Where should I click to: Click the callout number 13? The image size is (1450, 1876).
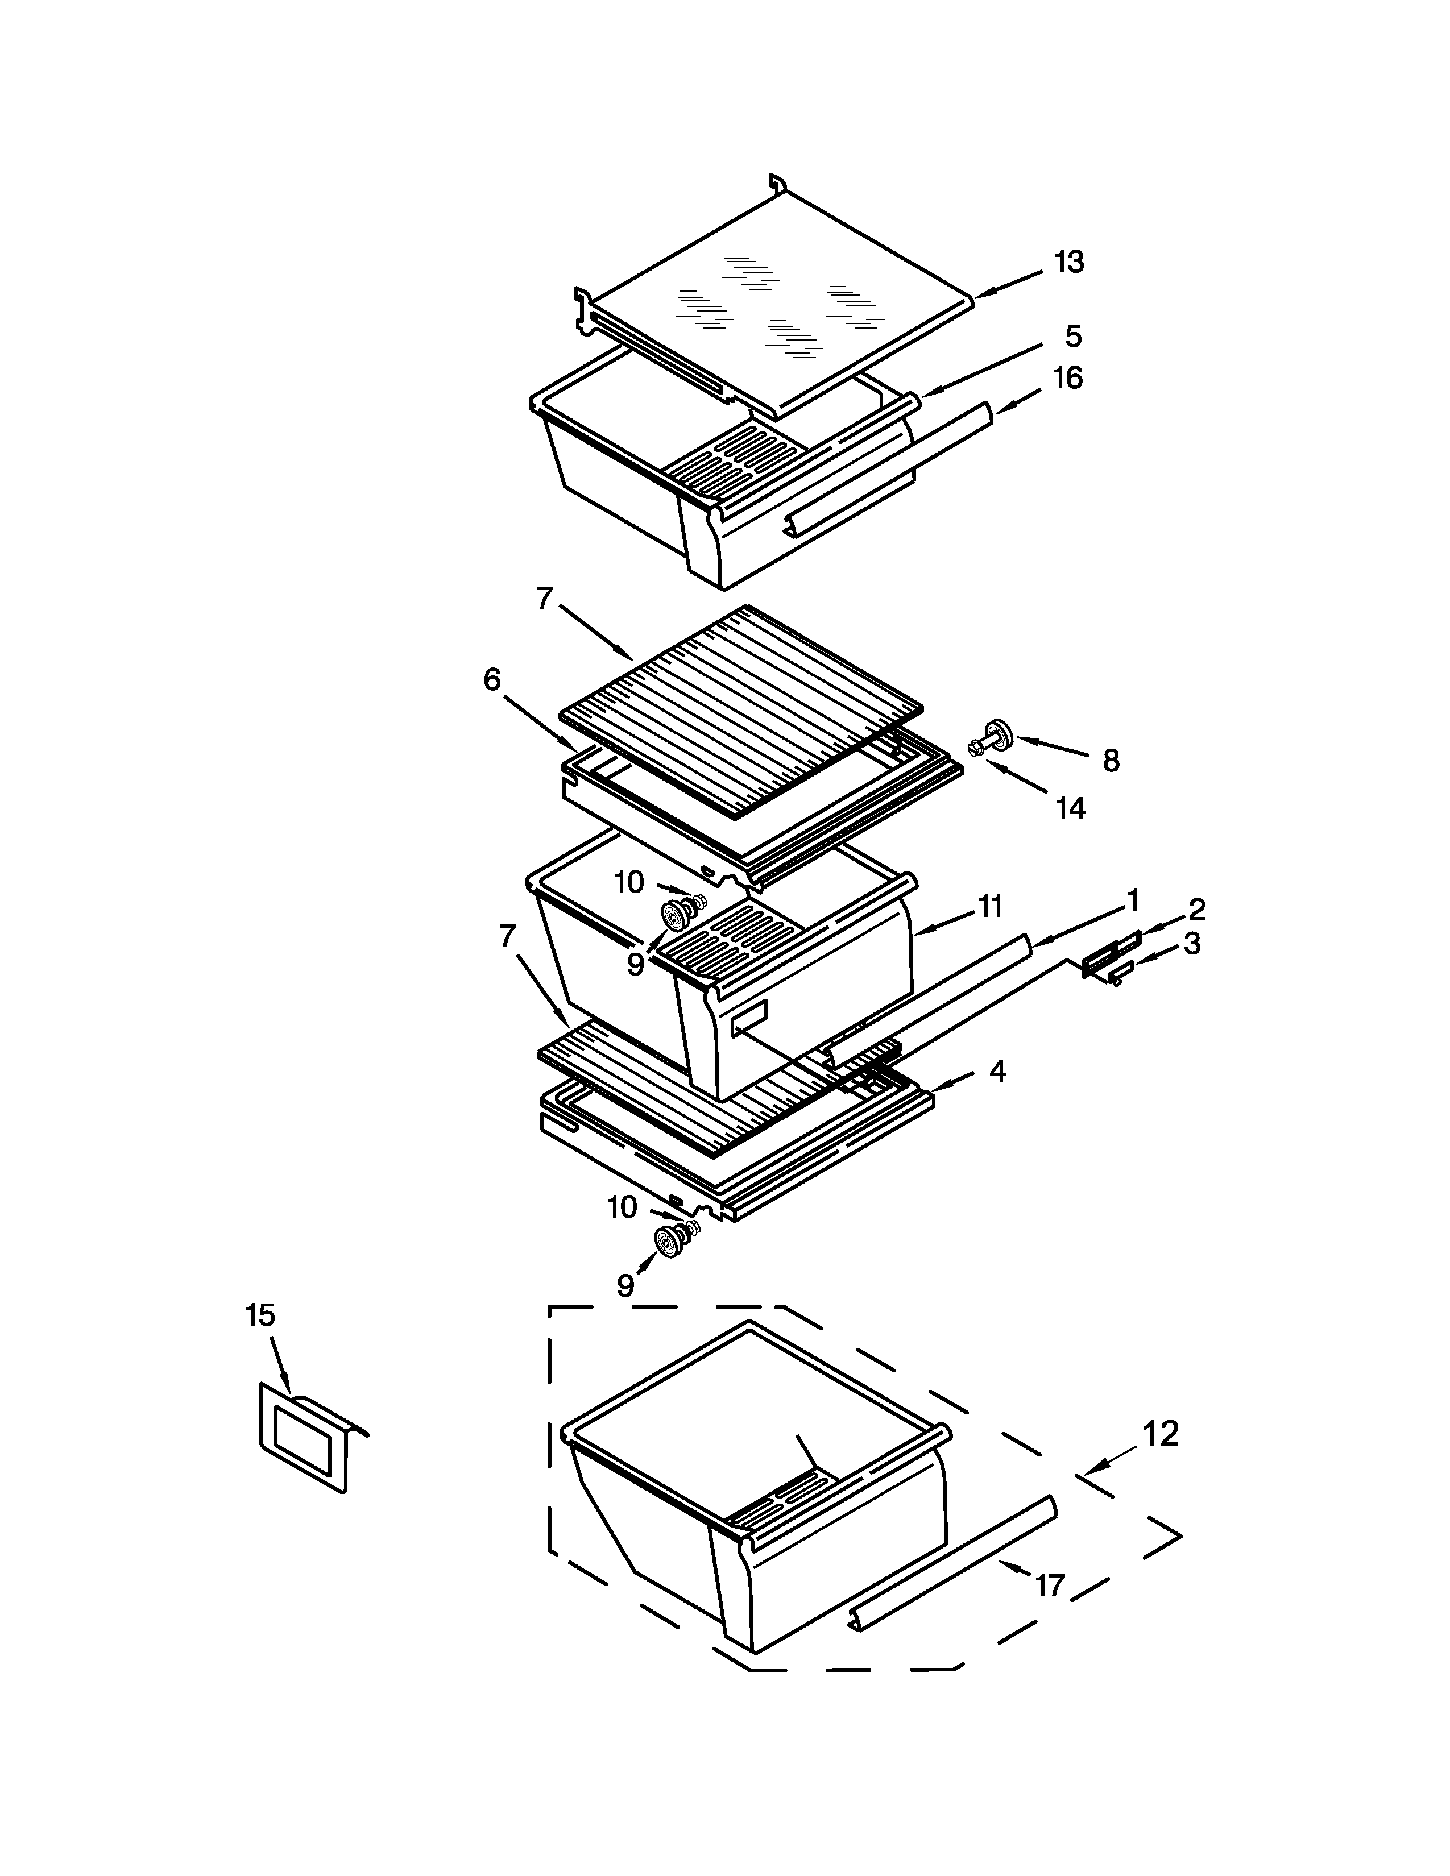[x=1070, y=262]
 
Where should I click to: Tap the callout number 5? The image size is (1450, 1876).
[x=1073, y=336]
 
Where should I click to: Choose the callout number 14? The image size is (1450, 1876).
[x=1070, y=808]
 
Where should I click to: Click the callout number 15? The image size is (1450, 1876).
[x=260, y=1315]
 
